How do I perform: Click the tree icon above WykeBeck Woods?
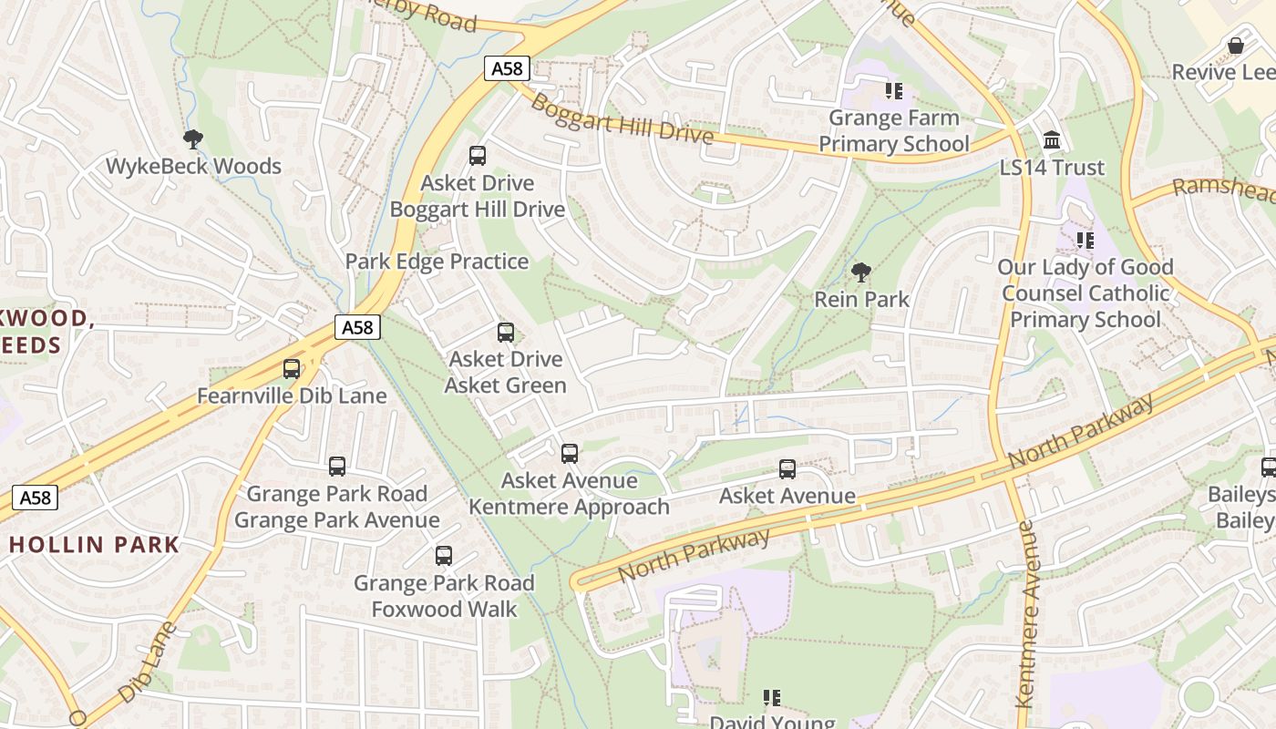tap(192, 139)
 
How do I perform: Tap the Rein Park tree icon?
tap(860, 272)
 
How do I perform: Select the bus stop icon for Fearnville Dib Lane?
tap(292, 369)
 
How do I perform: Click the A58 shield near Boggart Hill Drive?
tap(507, 68)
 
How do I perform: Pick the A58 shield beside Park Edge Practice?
tap(356, 327)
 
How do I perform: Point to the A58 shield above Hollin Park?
tap(35, 498)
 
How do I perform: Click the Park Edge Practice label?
tap(437, 262)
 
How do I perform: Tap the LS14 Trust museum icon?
tap(1052, 140)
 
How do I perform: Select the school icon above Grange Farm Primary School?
tap(893, 90)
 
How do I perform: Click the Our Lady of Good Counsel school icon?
tap(1085, 241)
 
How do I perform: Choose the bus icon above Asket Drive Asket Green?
tap(506, 333)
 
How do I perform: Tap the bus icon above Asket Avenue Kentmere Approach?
tap(570, 453)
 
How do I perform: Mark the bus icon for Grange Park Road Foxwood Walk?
tap(444, 555)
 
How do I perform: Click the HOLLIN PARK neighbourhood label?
tap(95, 545)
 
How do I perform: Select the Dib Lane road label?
tap(146, 662)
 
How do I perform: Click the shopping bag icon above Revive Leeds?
tap(1236, 46)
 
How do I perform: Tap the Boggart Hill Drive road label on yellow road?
tap(621, 118)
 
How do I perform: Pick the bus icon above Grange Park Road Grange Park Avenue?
tap(337, 467)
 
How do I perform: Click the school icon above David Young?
tap(772, 698)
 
